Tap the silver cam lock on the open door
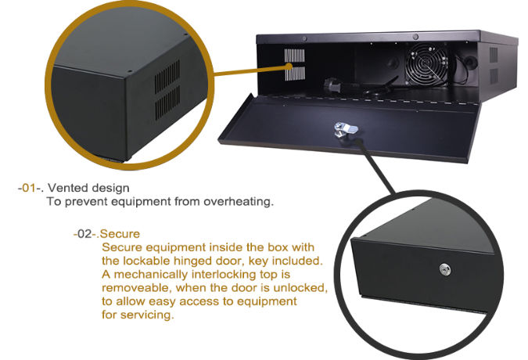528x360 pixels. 341,129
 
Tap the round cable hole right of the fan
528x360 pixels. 471,59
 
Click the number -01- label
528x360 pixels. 30,189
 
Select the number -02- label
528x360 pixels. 84,233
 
